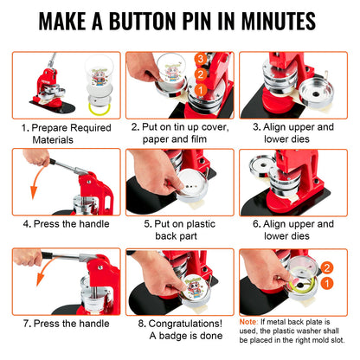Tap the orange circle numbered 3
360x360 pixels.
[x=201, y=59]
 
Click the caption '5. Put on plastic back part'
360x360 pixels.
[x=179, y=230]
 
